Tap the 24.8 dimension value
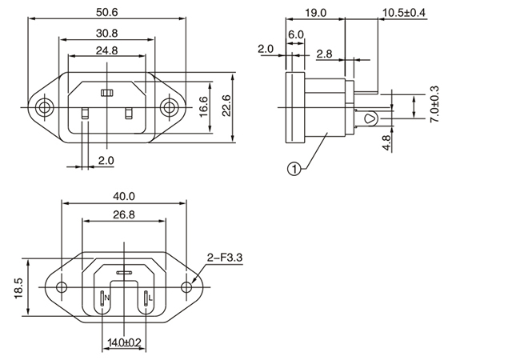pos(106,50)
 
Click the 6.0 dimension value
pos(295,35)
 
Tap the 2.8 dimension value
pos(325,54)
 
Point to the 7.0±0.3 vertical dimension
pos(434,104)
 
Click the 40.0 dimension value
pos(125,196)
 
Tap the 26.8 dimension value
pos(125,214)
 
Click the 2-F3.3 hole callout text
pos(225,257)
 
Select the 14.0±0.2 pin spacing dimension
pos(124,342)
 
